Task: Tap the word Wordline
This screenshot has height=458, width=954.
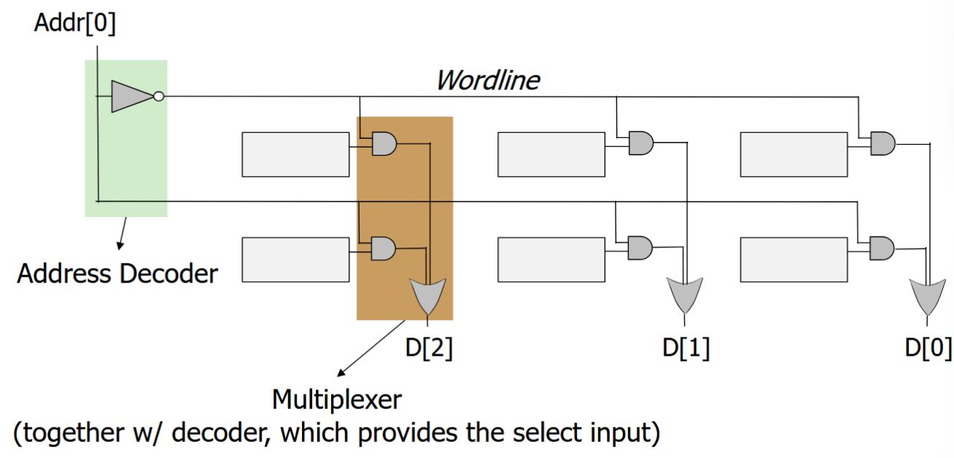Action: tap(487, 80)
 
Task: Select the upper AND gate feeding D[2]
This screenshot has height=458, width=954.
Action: tap(384, 144)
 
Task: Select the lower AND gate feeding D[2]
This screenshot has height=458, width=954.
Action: tap(384, 249)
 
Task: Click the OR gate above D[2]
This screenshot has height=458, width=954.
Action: tap(427, 294)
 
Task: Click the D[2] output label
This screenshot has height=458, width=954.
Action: tap(429, 348)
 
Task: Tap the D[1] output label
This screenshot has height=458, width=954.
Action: tap(686, 348)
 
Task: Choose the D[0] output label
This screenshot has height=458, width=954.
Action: tap(928, 348)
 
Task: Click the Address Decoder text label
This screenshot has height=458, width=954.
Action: tap(117, 274)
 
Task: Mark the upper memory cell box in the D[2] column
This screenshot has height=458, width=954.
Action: tap(295, 154)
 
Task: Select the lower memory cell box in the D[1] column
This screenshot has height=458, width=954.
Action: tap(551, 259)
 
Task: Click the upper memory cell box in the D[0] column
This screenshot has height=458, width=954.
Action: tap(794, 154)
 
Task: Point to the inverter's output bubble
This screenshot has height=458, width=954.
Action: tap(159, 96)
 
